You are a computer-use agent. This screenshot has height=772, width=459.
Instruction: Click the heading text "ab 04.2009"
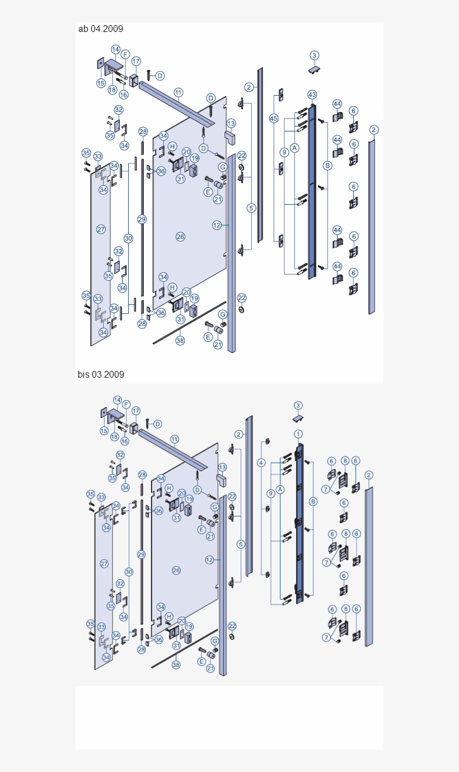101,29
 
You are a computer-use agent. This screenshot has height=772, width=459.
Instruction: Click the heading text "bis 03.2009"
101,374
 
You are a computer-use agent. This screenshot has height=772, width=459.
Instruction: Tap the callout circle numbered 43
312,95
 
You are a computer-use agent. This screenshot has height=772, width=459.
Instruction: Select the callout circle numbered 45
273,119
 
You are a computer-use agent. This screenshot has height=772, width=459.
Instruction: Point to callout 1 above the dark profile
298,434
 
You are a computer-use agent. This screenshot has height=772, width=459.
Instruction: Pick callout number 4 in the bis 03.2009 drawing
261,463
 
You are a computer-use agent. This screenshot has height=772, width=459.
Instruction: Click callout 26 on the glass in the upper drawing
180,237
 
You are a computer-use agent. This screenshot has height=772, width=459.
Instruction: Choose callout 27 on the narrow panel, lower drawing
104,563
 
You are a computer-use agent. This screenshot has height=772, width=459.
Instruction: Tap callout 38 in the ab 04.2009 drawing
180,340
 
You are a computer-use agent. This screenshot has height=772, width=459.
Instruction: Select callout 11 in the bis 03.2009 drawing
175,439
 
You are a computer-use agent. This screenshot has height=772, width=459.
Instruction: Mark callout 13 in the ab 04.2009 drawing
231,123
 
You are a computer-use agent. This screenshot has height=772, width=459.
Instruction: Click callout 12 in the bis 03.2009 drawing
209,559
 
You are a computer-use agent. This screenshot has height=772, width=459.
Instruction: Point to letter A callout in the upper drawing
295,148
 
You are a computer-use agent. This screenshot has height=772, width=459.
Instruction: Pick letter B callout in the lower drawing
313,502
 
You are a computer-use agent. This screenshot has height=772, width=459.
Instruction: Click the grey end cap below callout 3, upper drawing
315,69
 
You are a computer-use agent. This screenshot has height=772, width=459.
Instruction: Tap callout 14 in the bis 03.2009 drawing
118,400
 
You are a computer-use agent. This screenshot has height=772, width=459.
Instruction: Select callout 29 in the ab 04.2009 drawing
142,219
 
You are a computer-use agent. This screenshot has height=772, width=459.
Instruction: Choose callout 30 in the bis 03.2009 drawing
129,572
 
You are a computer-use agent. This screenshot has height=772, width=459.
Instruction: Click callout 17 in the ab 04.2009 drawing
136,62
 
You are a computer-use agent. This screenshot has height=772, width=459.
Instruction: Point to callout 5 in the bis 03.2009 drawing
241,544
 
